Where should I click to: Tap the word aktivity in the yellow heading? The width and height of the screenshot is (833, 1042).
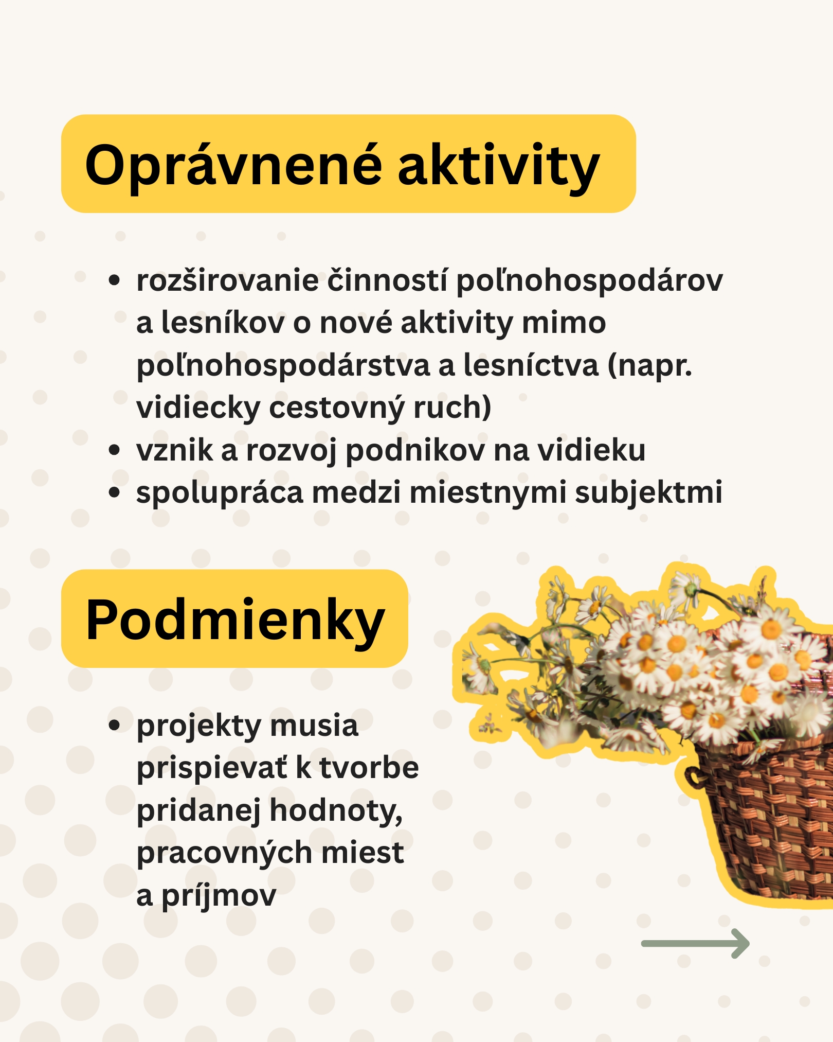(499, 165)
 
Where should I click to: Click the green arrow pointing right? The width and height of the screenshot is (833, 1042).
(695, 943)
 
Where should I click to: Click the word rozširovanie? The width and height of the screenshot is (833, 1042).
(227, 281)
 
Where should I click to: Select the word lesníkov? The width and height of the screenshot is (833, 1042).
(223, 323)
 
